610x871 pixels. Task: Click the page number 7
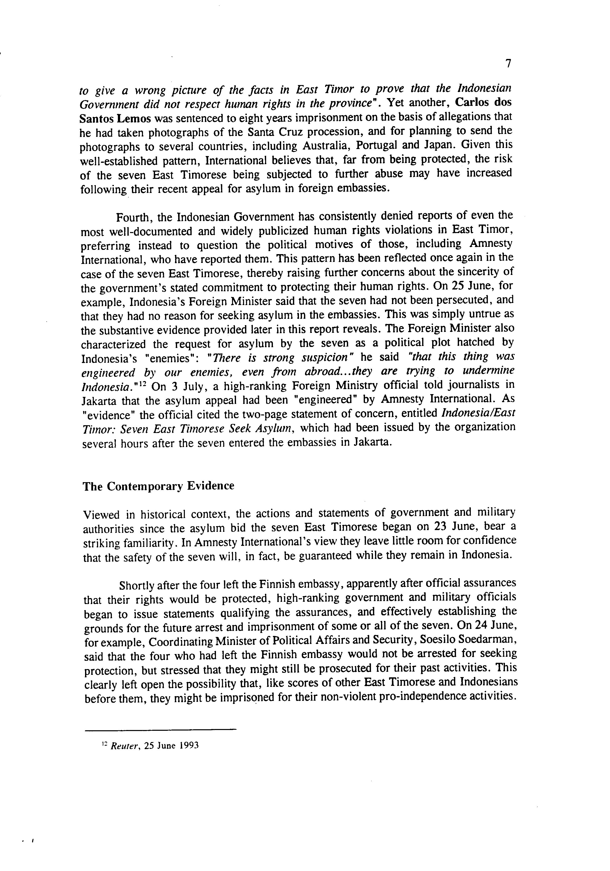(508, 64)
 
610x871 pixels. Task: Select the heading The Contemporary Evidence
(159, 486)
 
